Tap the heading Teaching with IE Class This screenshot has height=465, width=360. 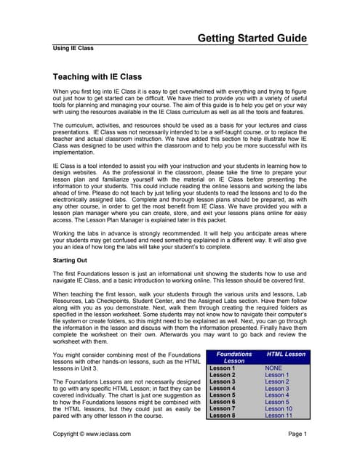97,76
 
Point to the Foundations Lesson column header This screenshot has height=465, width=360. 234,357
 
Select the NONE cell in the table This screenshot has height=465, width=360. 273,368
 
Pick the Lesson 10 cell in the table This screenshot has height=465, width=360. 278,408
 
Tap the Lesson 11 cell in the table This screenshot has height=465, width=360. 278,416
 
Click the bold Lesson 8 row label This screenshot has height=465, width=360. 223,416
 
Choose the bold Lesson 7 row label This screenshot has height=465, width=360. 223,408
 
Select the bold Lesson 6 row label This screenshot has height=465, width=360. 223,400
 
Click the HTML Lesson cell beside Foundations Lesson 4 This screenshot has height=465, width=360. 276,389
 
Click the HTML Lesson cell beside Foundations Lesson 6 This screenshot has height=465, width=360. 276,400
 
